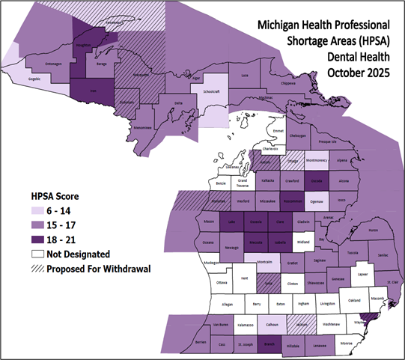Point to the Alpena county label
[x=343, y=160]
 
